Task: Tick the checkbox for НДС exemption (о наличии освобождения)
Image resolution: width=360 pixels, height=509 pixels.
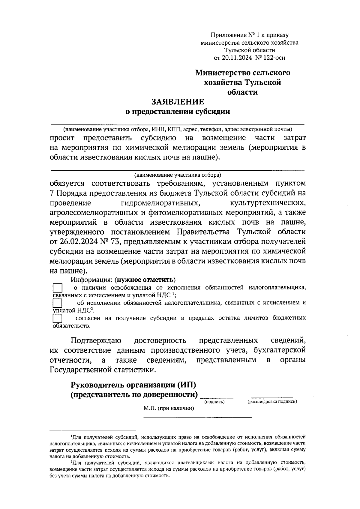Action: coord(58,288)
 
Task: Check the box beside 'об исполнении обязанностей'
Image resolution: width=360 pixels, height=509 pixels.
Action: coord(57,303)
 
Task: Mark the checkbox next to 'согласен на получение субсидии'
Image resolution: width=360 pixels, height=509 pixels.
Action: coord(57,318)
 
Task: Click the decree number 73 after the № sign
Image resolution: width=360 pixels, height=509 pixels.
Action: coord(115,242)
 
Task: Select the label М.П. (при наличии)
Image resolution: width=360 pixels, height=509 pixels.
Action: coord(169,408)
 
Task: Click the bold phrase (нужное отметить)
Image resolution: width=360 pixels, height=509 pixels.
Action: coord(146,280)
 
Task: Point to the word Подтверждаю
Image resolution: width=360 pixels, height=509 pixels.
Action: coord(96,341)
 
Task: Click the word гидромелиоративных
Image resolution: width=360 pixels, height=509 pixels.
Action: coord(161,203)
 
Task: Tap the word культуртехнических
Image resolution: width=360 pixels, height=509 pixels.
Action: coord(268,203)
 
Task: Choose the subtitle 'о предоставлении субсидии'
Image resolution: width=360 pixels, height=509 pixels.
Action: coord(178,112)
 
